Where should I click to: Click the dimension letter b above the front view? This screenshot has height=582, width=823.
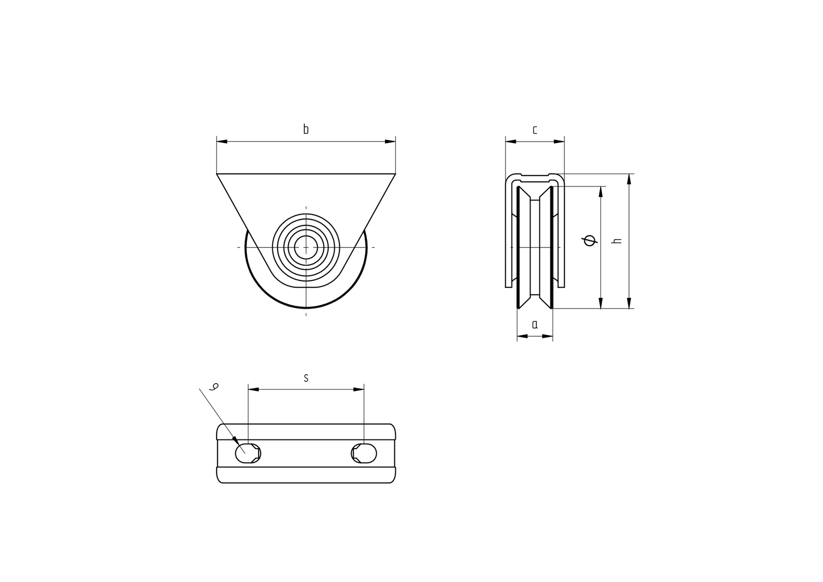(306, 129)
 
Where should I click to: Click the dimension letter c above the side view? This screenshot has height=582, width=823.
(535, 130)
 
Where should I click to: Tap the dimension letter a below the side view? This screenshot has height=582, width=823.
(535, 324)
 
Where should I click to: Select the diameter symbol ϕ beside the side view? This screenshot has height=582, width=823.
(589, 241)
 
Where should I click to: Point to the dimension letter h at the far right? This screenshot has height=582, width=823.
(618, 241)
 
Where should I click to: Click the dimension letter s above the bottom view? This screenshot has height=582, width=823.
(306, 378)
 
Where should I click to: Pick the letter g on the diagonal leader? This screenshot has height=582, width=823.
(214, 387)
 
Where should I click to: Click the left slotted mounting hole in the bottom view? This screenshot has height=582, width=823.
(248, 453)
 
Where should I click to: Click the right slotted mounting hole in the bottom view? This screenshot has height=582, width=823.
(364, 453)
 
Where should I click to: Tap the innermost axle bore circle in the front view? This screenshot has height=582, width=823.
(306, 247)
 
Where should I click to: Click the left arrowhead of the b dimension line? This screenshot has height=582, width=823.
(222, 142)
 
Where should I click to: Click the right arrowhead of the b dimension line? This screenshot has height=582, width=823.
(390, 142)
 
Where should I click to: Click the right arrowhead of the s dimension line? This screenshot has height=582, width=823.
(359, 389)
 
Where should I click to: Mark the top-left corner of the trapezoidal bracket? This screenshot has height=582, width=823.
(217, 173)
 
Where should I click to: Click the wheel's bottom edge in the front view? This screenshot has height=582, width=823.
(306, 308)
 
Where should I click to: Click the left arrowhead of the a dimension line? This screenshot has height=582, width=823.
(522, 336)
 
